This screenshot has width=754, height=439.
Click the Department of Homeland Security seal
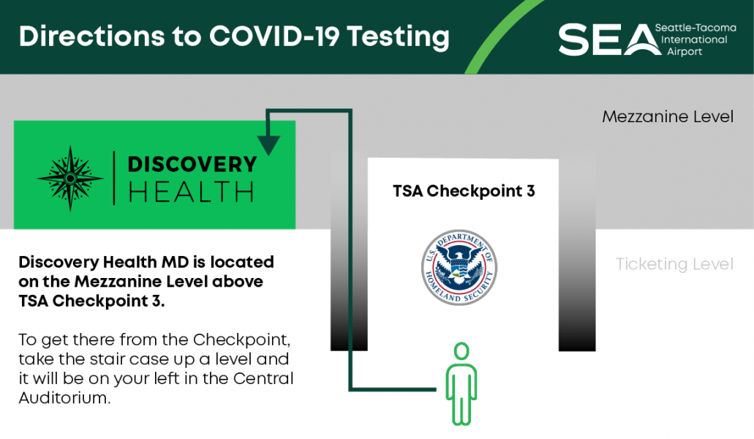coord(459,267)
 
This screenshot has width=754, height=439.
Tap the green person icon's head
coord(461,351)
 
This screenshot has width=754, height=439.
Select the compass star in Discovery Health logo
coord(70,179)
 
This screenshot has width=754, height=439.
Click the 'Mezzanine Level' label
coord(668,117)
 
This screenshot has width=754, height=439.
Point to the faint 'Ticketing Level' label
coord(674,264)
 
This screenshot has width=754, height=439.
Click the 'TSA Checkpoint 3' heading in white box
coord(464,192)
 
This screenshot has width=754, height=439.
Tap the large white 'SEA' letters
coord(609,40)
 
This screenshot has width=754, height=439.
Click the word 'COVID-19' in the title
coord(274,37)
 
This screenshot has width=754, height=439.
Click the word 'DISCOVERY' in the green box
coord(192,165)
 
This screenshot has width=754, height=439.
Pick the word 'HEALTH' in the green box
coord(191,192)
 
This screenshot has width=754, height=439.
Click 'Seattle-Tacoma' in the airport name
coord(695,28)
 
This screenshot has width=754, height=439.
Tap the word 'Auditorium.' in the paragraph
coord(64,398)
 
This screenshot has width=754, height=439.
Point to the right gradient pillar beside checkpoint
coord(577,255)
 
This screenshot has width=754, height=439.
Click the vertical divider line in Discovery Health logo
coord(114,179)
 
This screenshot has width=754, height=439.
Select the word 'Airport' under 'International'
coord(685,52)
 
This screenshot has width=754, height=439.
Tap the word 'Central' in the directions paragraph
coord(263,378)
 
